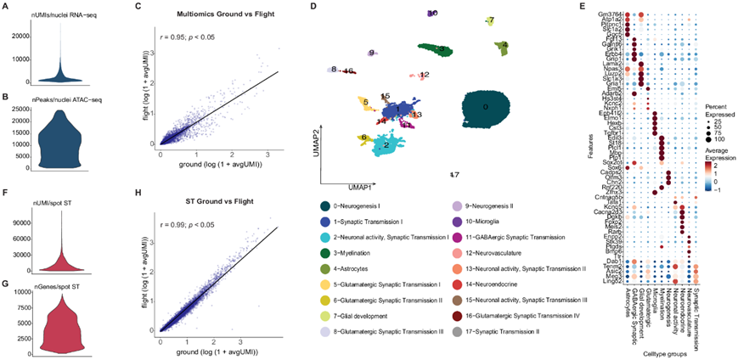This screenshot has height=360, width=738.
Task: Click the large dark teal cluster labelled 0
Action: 485,110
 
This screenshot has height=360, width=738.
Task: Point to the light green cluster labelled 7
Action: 491,20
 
